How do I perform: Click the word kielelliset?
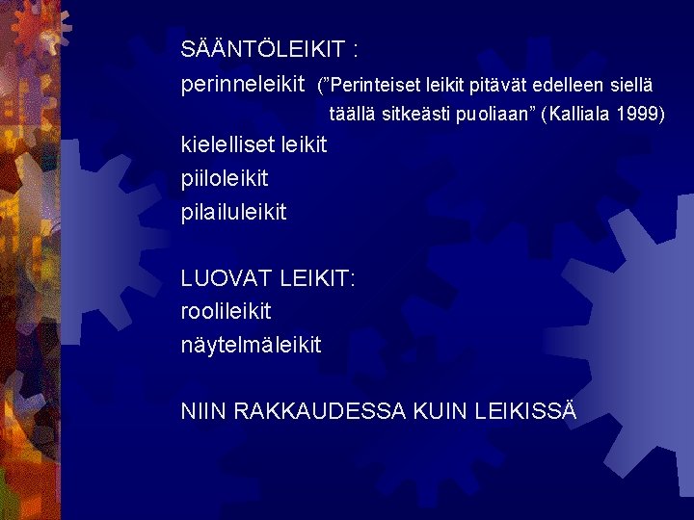pyautogui.click(x=227, y=145)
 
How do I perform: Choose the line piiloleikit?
pyautogui.click(x=224, y=178)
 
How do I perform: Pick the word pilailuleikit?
pyautogui.click(x=233, y=211)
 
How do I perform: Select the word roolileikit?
pyautogui.click(x=227, y=311)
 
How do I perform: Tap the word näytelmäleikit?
pyautogui.click(x=251, y=344)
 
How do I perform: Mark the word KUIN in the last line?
pyautogui.click(x=440, y=411)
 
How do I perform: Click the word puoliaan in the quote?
pyautogui.click(x=494, y=115)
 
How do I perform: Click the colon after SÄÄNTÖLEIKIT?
pyautogui.click(x=357, y=49)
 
